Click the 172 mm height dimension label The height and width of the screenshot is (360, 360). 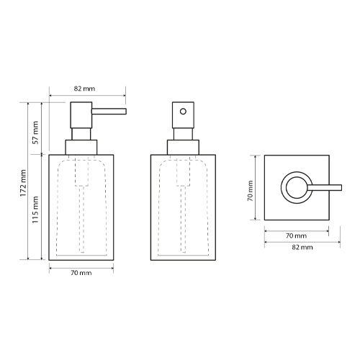click(x=23, y=183)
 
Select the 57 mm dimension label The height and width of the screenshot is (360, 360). click(x=35, y=132)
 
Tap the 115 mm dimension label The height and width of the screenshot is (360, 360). click(x=35, y=210)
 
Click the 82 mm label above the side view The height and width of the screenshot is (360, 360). click(x=84, y=89)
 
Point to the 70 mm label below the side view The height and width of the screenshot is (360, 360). click(x=81, y=273)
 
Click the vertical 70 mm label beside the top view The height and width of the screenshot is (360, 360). click(x=251, y=191)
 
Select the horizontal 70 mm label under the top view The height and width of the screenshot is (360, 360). click(x=296, y=236)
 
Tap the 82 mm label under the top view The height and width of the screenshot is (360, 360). click(x=302, y=247)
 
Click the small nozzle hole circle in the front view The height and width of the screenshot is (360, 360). click(x=183, y=112)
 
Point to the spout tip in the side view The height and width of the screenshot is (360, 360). click(x=126, y=112)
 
